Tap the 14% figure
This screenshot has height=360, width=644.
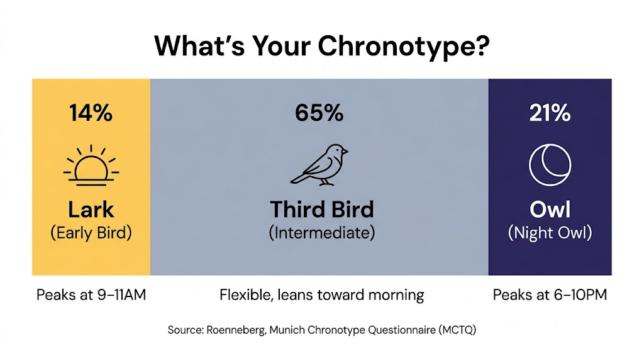pos(91,113)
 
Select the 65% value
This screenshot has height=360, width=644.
pos(319,113)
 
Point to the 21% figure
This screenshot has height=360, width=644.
pos(550,113)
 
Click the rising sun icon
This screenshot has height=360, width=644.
pos(91,165)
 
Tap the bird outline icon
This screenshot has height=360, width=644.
pos(319,165)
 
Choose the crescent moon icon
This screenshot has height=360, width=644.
pos(550,165)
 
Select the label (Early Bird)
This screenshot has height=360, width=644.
pos(91,233)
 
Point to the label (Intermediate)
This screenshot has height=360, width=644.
pos(322,233)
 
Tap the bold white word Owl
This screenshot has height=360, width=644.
pos(550,210)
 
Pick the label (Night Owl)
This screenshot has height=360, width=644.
pos(550,233)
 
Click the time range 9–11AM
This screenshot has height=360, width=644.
pos(121,295)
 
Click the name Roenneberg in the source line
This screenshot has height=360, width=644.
pos(236,330)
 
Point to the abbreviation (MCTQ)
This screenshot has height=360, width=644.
pos(457,330)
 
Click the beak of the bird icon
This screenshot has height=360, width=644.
pos(345,152)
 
